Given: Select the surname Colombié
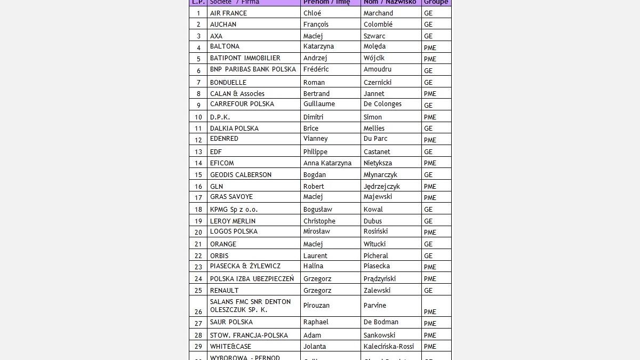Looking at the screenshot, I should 378,25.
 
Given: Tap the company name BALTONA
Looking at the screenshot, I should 225,46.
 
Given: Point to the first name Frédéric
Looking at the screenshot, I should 316,69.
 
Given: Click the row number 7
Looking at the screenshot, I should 198,83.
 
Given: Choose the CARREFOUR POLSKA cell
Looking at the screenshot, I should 242,104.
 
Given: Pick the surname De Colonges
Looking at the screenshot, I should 382,104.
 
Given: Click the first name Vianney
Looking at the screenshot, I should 315,139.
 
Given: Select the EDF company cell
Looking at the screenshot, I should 216,151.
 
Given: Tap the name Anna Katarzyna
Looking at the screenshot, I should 327,163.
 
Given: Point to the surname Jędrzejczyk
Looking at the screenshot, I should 381,187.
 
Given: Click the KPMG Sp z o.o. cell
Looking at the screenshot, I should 234,210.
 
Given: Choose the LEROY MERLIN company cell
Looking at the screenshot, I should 233,221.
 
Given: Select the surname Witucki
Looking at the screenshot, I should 374,244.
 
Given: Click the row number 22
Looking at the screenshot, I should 198,256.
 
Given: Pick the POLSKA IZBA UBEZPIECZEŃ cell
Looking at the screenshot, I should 252,279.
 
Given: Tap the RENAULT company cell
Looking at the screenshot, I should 224,291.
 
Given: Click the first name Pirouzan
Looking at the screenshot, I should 316,306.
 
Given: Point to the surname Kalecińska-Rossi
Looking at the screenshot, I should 388,347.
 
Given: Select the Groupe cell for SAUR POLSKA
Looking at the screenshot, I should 430,323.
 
